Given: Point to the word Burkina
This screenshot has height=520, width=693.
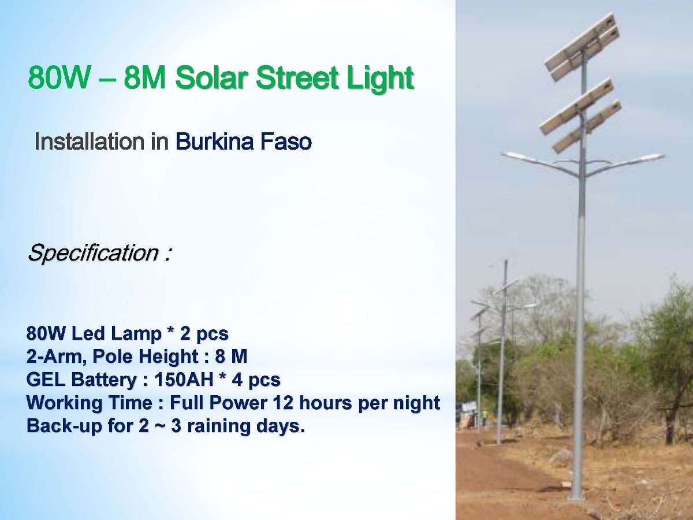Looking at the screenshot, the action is coord(215,142).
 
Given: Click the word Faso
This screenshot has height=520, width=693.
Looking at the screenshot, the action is coord(286,142).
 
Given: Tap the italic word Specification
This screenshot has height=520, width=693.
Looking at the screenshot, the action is coord(93,254).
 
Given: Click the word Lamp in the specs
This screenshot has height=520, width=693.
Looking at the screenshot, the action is coord(137,334).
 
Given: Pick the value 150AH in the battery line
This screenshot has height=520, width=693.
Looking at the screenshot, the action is coord(184,379).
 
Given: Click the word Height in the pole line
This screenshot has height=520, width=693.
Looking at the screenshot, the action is coord(168,357).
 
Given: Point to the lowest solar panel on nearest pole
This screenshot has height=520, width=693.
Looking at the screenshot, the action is coord(587,128).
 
